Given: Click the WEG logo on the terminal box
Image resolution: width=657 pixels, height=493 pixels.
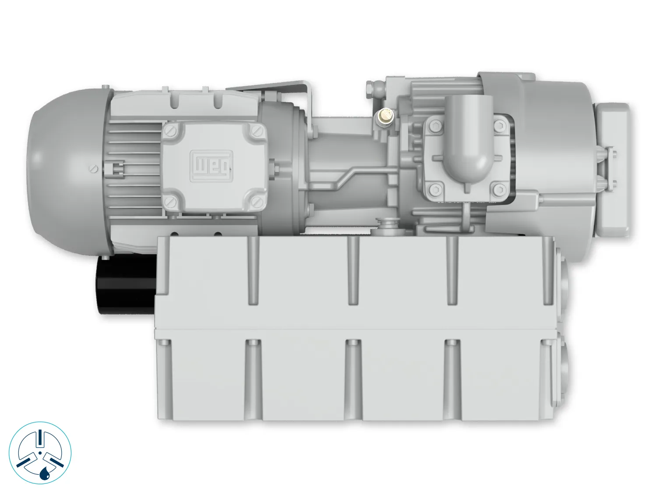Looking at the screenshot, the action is point(211,166).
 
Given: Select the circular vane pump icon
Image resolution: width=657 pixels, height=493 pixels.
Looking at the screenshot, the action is point(40,453).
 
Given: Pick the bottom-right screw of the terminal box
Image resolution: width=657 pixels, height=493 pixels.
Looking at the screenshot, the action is point(257,201).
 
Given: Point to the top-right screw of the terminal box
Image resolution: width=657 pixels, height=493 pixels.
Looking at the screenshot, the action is point(257,130).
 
